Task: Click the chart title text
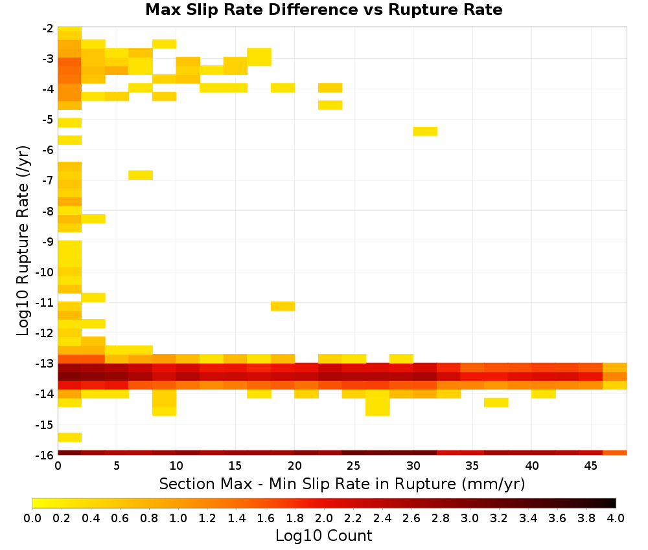point(323,10)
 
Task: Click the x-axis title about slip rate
point(341,483)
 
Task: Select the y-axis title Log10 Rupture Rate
point(23,241)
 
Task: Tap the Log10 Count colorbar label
point(323,536)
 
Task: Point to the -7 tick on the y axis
point(48,181)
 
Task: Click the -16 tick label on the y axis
point(45,455)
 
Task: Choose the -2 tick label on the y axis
point(48,28)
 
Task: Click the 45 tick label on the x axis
point(590,466)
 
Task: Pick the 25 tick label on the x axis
point(353,466)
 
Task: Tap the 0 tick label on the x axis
point(58,466)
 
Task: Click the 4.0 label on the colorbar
point(616,518)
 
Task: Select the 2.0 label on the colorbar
point(324,518)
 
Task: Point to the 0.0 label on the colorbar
point(32,518)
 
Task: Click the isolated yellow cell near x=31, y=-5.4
point(425,131)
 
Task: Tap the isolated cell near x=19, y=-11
point(283,306)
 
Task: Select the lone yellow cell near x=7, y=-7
point(141,175)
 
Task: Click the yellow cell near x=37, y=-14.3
point(496,402)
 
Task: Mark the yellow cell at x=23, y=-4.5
point(330,105)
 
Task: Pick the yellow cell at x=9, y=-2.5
point(164,44)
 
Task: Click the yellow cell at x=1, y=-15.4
point(69,437)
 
